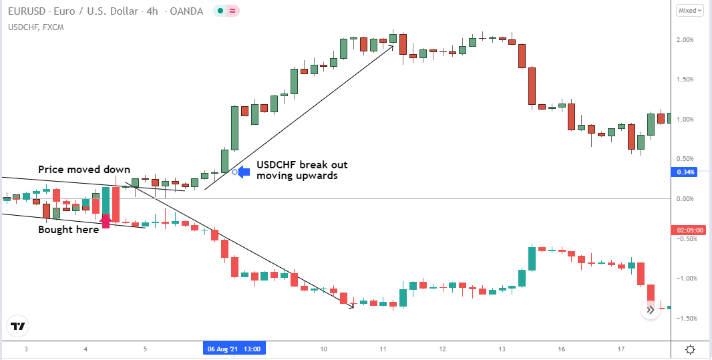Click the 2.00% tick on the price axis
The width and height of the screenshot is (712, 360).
[685, 40]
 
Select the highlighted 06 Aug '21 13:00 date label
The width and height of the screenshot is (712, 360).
[234, 349]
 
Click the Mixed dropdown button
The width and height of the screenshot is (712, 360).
[690, 10]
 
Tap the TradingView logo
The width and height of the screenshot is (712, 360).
[18, 327]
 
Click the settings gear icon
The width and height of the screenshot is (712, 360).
[690, 349]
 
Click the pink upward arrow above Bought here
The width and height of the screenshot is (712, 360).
[106, 221]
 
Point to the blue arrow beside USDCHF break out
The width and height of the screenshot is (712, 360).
[244, 172]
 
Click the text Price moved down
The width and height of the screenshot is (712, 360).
[84, 170]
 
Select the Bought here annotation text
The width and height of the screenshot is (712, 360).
[69, 230]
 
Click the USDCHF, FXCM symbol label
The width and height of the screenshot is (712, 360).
[36, 27]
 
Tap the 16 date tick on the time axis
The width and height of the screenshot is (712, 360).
[562, 349]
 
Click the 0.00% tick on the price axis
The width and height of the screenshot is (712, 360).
[685, 199]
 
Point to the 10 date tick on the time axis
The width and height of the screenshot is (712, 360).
[323, 349]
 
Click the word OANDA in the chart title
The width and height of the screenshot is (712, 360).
[186, 11]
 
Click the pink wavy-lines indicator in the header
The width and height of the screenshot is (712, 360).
[232, 11]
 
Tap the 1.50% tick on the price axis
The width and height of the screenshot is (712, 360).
[685, 79]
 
